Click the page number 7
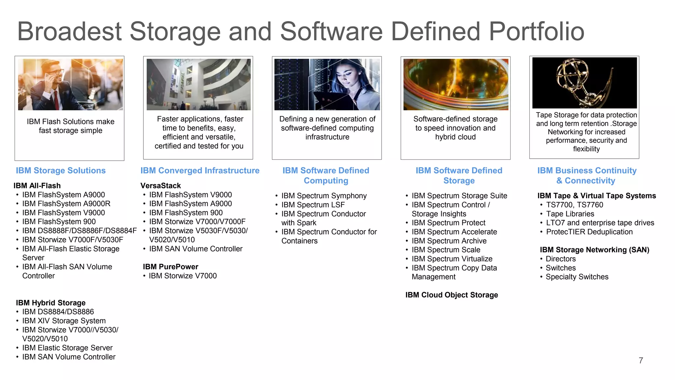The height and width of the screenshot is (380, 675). [x=641, y=361]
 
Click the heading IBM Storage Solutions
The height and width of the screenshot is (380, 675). [x=61, y=171]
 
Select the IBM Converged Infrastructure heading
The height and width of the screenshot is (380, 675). [x=200, y=171]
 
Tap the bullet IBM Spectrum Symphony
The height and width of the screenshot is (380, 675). [x=324, y=196]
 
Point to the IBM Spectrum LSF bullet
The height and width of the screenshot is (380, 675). [x=313, y=205]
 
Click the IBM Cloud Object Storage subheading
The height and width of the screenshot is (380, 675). [x=452, y=295]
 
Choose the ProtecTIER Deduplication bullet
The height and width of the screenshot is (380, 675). [x=589, y=232]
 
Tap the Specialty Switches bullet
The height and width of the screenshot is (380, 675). [x=577, y=277]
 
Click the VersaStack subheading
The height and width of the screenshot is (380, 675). [x=161, y=186]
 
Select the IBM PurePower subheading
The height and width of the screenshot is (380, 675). [x=170, y=267]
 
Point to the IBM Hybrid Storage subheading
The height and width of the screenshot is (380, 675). [x=50, y=303]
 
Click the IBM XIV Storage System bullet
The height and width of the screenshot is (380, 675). [x=64, y=321]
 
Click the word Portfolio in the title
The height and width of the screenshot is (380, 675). [x=536, y=32]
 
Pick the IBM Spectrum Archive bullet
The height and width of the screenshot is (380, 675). [x=449, y=241]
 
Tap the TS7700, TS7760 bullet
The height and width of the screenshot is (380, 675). [x=574, y=205]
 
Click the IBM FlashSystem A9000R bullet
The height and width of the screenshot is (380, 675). [x=66, y=204]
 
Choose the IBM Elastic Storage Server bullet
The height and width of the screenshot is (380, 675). [x=67, y=348]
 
